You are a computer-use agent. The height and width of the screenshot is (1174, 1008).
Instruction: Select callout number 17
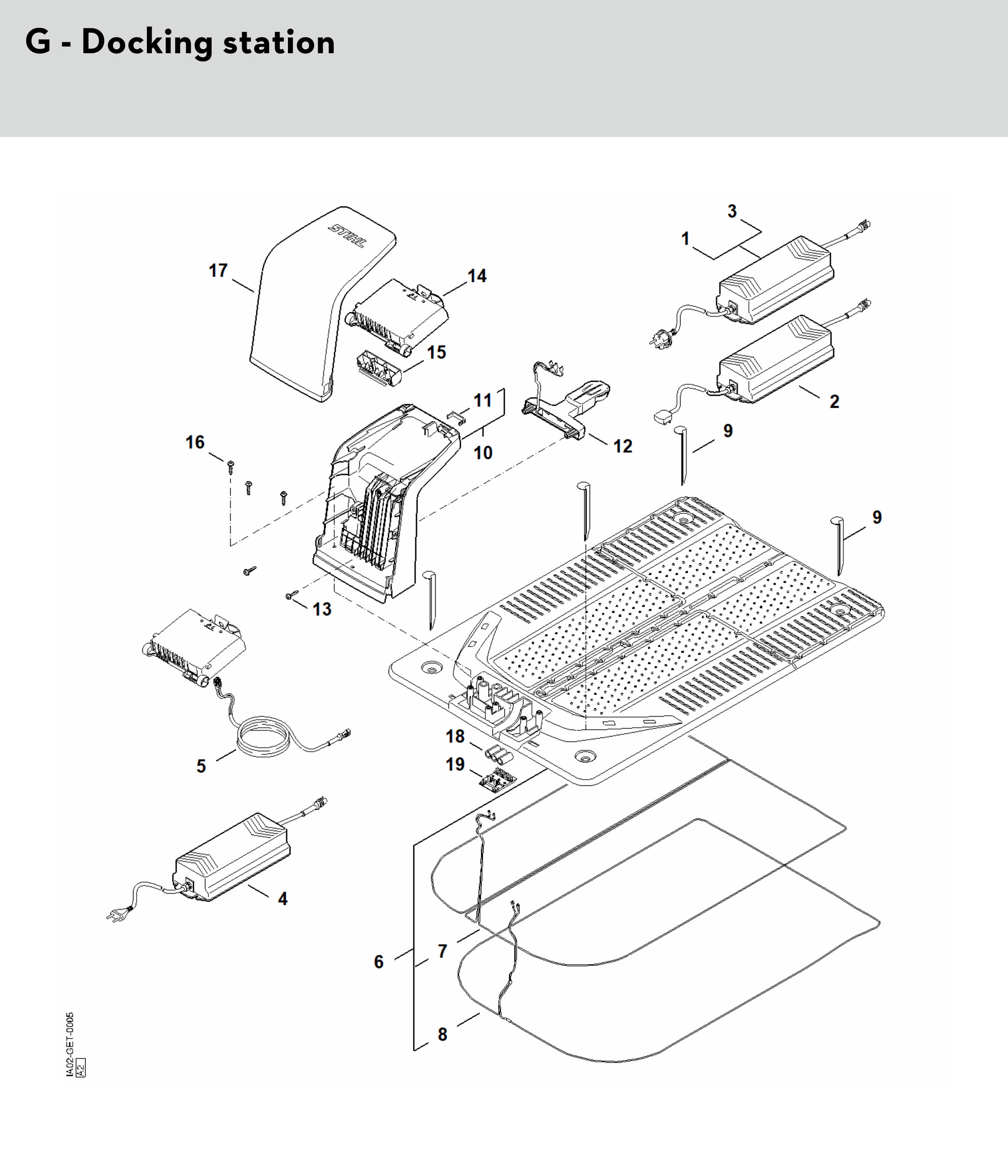coord(218,270)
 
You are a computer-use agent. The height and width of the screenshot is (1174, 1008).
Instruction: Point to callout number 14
coord(477,276)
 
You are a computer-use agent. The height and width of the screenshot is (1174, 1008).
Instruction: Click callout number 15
coord(436,352)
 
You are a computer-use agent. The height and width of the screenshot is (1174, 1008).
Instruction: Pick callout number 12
coord(623,446)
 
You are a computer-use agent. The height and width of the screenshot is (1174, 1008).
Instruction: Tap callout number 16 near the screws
coord(195,442)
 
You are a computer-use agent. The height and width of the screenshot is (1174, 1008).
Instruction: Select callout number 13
coord(322,609)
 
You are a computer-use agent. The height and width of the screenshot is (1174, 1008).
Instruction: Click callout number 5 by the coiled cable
coord(201,767)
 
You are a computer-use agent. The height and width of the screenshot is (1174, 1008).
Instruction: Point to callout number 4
coord(282,898)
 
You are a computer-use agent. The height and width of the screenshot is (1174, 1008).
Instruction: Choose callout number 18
coord(455,737)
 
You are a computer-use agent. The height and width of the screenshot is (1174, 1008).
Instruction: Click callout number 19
coord(455,764)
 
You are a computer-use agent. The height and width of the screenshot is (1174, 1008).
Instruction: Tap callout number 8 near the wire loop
coord(442,1034)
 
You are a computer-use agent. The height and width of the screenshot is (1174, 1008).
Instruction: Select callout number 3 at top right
coord(732,211)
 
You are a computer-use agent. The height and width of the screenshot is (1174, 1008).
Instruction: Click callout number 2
coord(834,402)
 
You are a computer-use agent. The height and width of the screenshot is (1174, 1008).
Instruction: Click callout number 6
coord(378,961)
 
